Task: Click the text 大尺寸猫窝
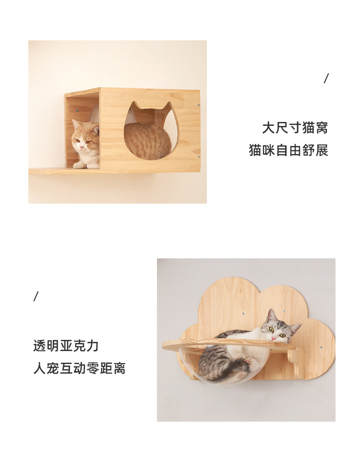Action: click(x=295, y=128)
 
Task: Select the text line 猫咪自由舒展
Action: click(x=288, y=150)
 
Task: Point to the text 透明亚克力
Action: click(x=66, y=346)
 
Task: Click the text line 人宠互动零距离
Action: click(x=79, y=368)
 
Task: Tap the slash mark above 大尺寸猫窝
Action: click(x=326, y=78)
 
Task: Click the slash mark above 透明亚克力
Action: click(x=36, y=296)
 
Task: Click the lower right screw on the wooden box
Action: click(x=198, y=157)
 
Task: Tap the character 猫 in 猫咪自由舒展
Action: click(x=255, y=150)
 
